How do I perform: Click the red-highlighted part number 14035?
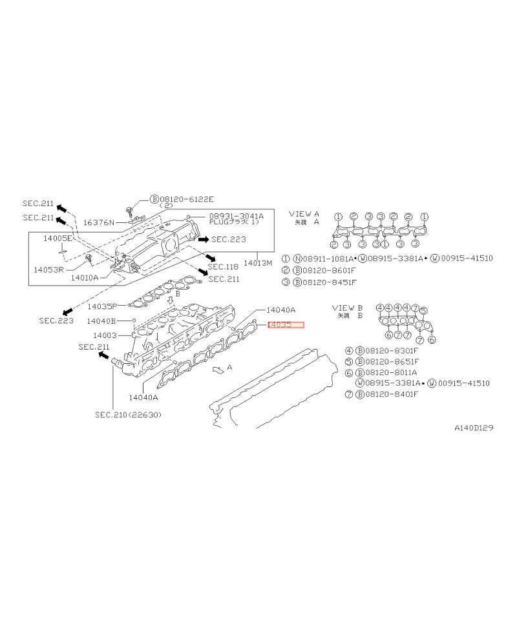coord(286,324)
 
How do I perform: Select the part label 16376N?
coord(99,223)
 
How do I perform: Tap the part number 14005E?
coord(58,238)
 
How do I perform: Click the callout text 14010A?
coord(85,278)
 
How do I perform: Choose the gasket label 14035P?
coord(102,306)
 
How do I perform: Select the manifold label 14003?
coord(105,335)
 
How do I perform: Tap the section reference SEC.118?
coord(224,267)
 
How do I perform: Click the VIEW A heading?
coord(304,213)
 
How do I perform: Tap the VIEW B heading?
coord(347,308)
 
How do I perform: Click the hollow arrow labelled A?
coord(218,370)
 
